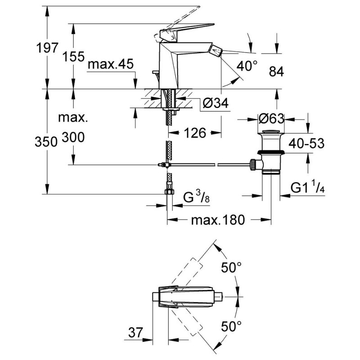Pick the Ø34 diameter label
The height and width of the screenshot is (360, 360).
[x=216, y=103]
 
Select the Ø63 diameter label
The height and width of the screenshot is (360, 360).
[x=271, y=119]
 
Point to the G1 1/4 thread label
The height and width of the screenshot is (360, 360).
[x=308, y=188]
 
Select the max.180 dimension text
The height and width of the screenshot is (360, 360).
[x=218, y=220]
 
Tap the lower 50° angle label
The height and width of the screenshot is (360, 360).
[x=231, y=324]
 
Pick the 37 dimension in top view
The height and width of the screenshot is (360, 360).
[x=134, y=333]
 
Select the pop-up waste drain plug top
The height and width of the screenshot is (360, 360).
[x=271, y=132]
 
